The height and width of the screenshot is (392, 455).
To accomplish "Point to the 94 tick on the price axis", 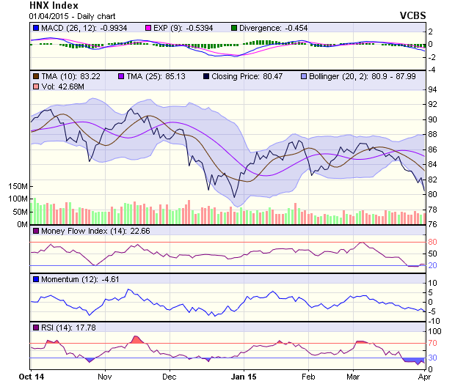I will click(x=433, y=89).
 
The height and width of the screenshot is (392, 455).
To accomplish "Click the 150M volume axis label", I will click(x=18, y=187).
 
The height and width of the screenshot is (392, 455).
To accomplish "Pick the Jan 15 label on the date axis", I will click(x=242, y=377).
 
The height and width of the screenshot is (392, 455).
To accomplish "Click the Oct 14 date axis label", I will click(x=31, y=377).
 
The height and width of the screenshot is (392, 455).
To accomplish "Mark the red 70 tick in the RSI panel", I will click(x=433, y=343).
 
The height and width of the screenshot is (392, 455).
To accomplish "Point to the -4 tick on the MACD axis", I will click(x=432, y=70).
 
